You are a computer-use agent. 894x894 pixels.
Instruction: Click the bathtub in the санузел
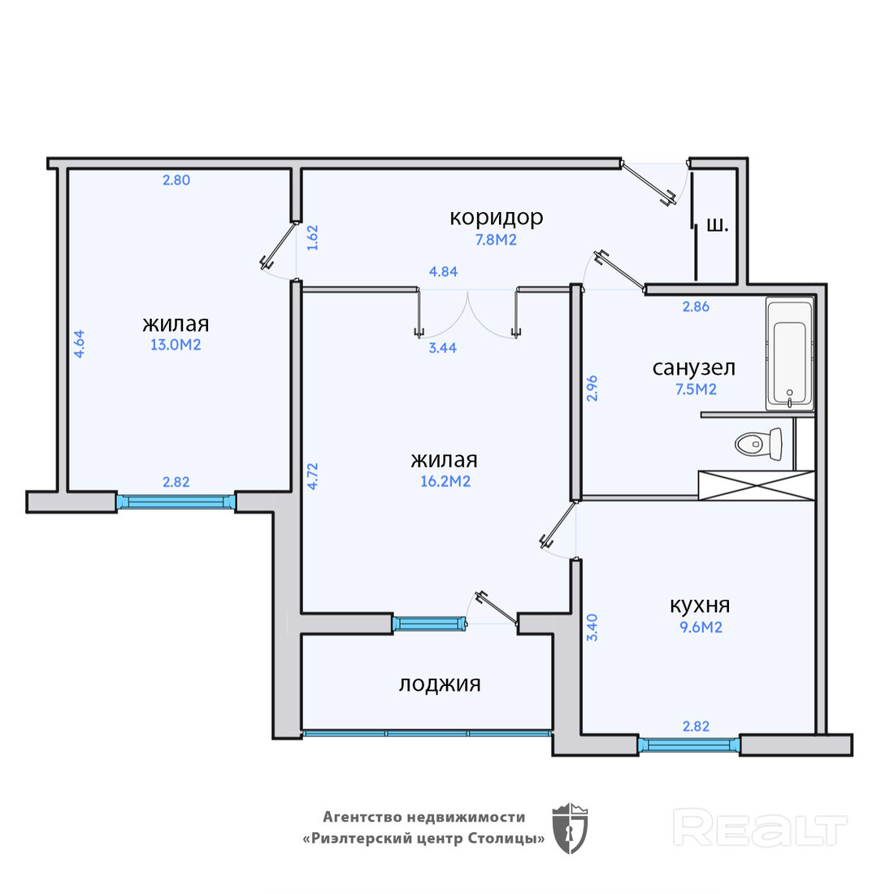pyautogui.click(x=790, y=354)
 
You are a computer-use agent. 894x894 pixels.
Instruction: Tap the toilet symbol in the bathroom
pyautogui.click(x=759, y=444)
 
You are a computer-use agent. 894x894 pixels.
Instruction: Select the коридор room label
pyautogui.click(x=496, y=218)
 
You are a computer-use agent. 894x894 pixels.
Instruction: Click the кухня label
pyautogui.click(x=700, y=605)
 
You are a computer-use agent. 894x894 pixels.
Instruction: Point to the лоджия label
pyautogui.click(x=440, y=684)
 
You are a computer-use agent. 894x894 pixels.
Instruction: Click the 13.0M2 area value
pyautogui.click(x=176, y=345)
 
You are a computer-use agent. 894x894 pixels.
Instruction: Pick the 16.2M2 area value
pyautogui.click(x=445, y=482)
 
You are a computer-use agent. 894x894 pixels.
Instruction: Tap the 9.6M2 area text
pyautogui.click(x=701, y=627)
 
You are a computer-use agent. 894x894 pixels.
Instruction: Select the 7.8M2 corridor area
pyautogui.click(x=496, y=240)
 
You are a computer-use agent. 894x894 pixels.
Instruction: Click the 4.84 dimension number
pyautogui.click(x=443, y=272)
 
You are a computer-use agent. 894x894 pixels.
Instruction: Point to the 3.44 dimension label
pyautogui.click(x=442, y=348)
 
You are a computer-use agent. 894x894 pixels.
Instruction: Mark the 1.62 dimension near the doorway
pyautogui.click(x=312, y=238)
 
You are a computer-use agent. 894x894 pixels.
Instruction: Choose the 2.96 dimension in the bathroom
pyautogui.click(x=592, y=388)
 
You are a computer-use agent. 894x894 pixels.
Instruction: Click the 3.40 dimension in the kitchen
pyautogui.click(x=592, y=627)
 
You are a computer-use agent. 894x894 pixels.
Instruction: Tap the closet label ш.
pyautogui.click(x=718, y=225)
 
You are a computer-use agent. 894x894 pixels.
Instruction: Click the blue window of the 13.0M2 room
pyautogui.click(x=176, y=501)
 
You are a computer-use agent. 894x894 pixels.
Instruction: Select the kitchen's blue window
pyautogui.click(x=688, y=744)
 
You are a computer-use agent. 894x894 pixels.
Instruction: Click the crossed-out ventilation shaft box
pyautogui.click(x=757, y=485)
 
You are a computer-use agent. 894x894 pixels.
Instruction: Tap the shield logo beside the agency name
pyautogui.click(x=571, y=828)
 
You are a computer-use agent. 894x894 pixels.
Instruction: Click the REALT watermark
pyautogui.click(x=760, y=827)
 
